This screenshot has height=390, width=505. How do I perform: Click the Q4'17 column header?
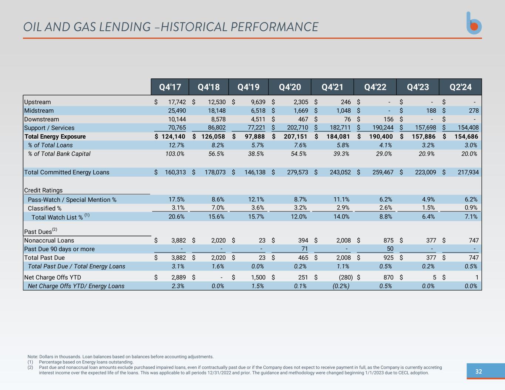point(170,87)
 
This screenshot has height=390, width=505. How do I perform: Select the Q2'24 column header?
point(460,87)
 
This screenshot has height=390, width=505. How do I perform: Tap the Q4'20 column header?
point(290,87)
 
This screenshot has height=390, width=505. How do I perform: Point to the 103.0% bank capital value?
point(175,154)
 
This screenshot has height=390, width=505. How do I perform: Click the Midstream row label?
point(39,111)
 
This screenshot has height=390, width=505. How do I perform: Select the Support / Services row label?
point(49,128)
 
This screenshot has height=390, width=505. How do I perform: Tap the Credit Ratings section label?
point(43,190)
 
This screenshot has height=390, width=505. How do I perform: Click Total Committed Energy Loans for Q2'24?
point(468,172)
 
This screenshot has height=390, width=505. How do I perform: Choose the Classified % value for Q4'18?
point(216,208)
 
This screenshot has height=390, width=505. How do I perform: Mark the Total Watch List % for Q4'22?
point(386,217)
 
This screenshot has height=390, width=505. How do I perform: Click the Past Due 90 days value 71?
point(304,249)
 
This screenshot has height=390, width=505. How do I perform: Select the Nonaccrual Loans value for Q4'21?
point(343,241)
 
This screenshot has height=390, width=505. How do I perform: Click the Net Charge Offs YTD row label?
point(53,277)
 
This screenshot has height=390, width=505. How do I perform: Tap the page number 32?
point(478,372)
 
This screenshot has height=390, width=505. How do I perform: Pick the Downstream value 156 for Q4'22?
point(388,119)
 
